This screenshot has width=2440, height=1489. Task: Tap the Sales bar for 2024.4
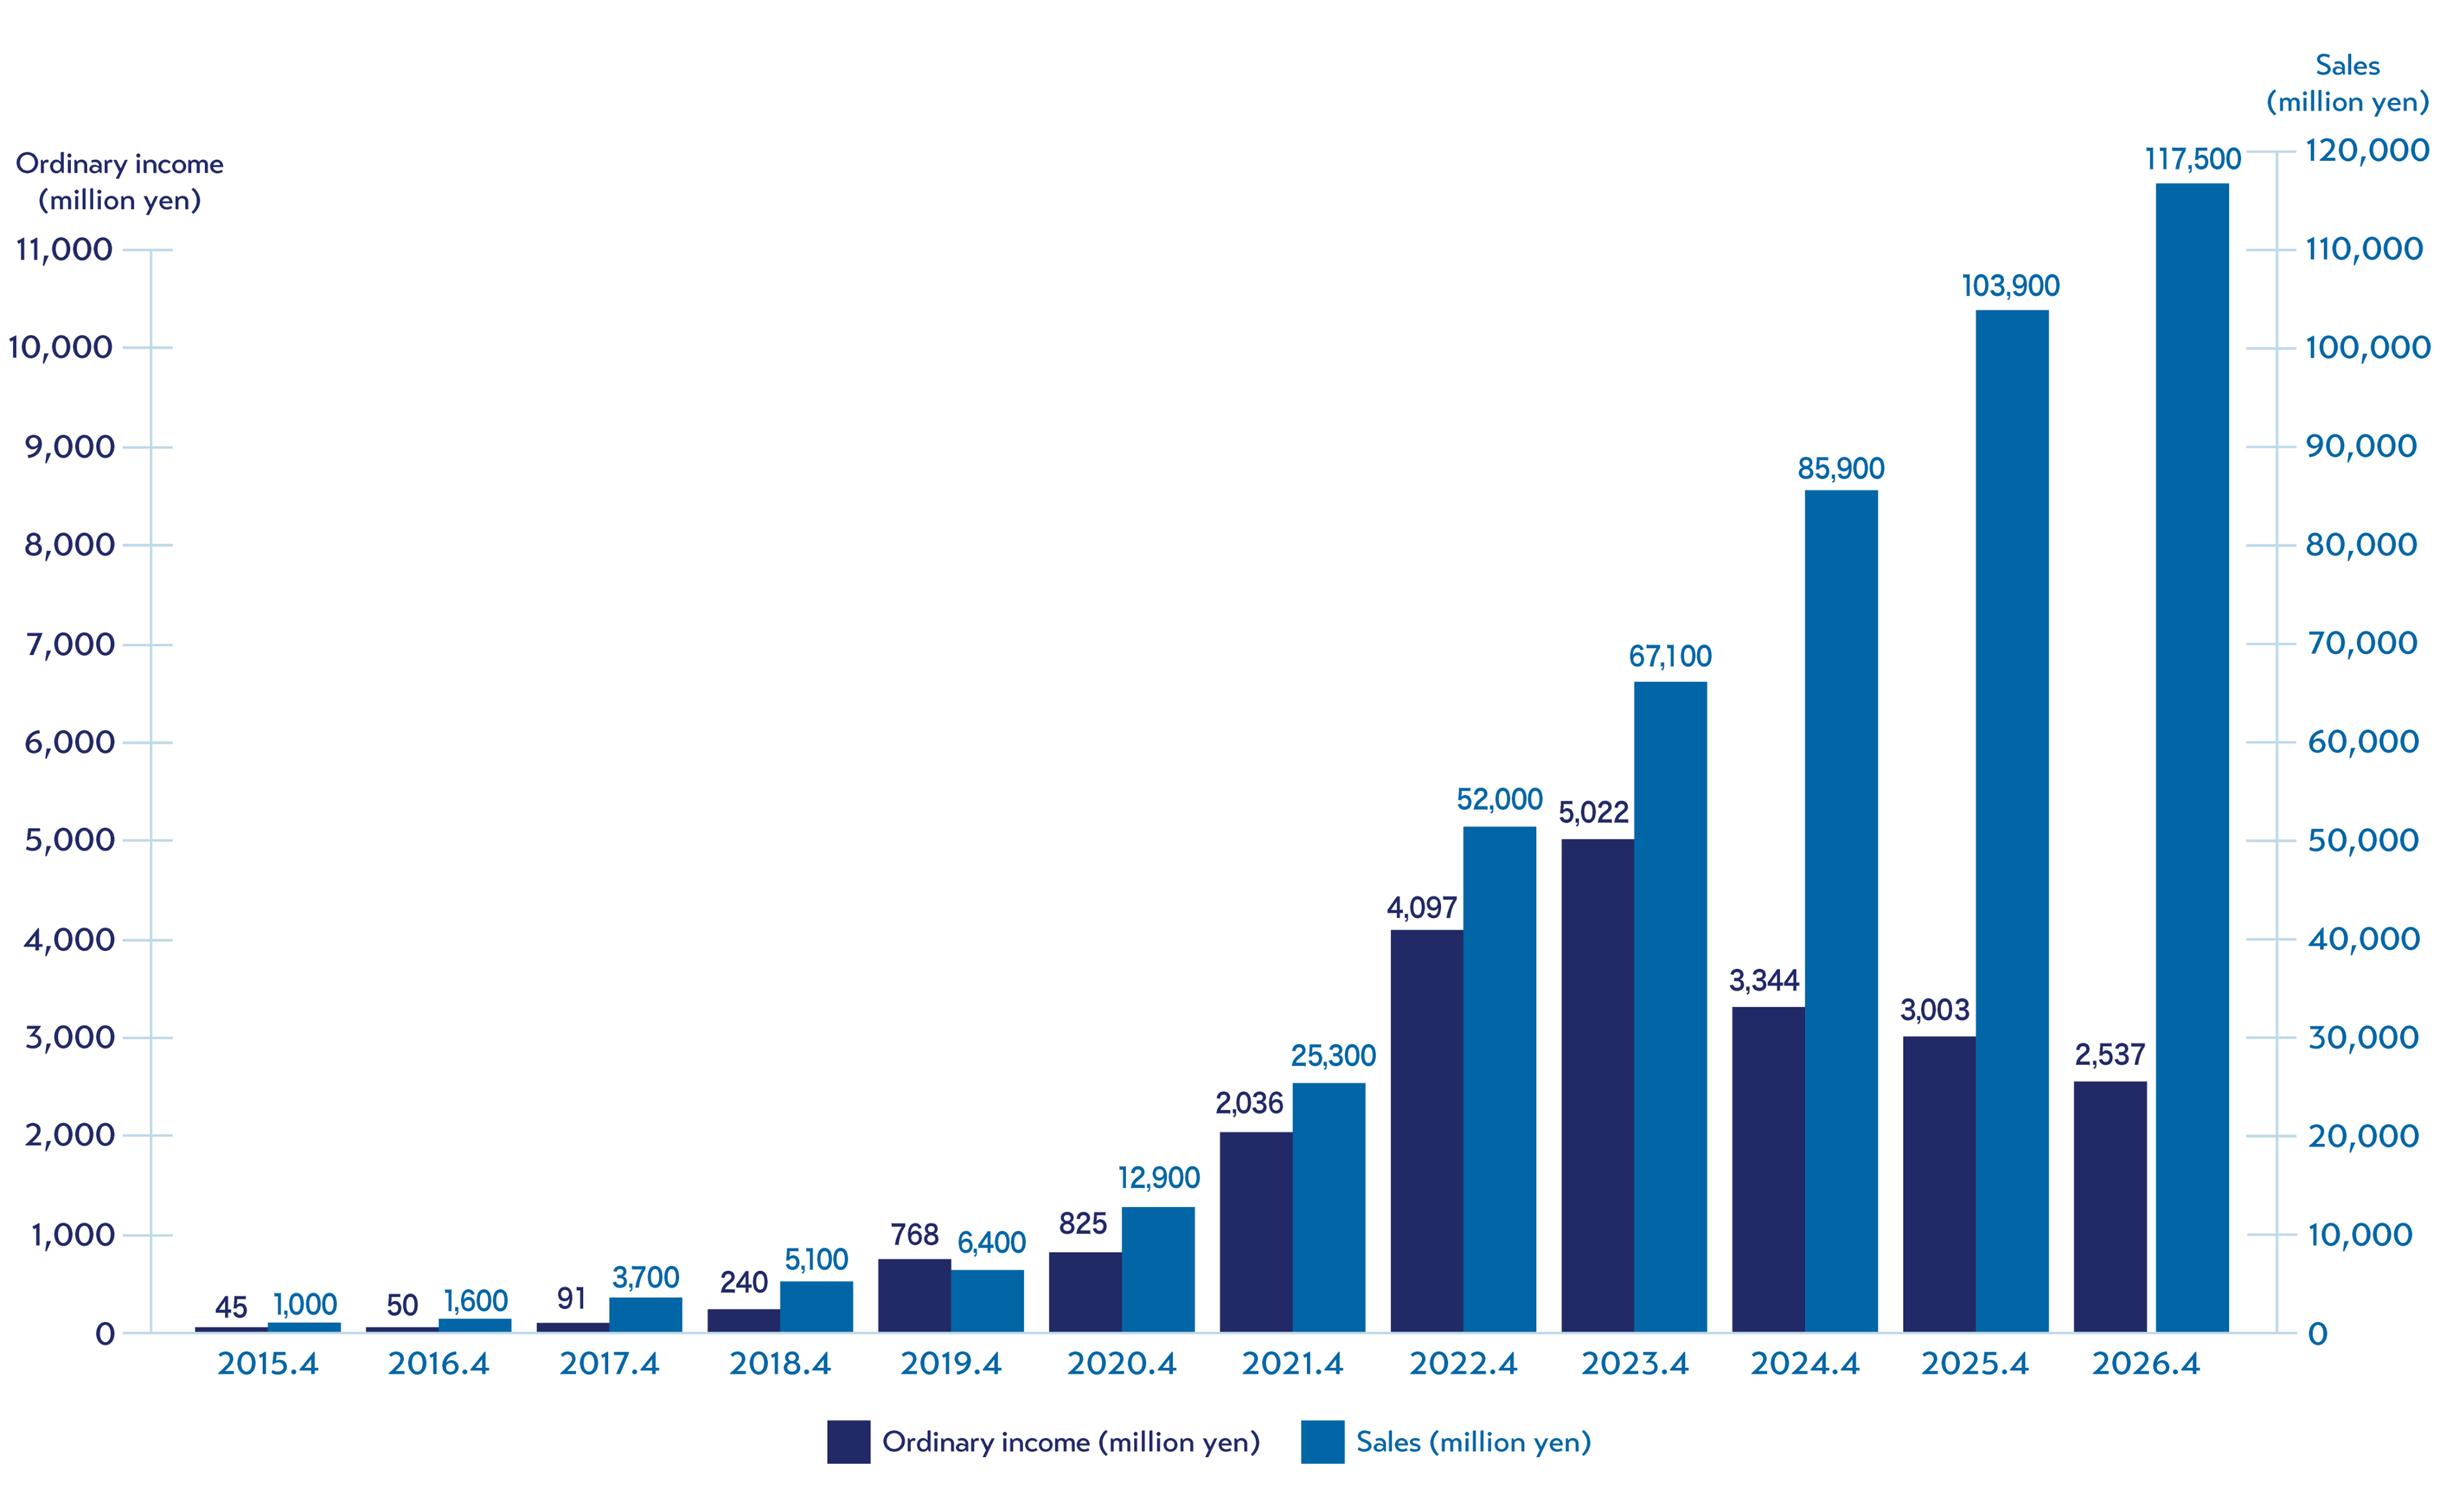point(1841,911)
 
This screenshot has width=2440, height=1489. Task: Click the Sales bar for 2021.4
point(1329,1208)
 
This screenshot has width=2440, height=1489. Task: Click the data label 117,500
point(2192,159)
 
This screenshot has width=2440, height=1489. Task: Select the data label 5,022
point(1593,813)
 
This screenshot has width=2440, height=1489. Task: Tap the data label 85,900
point(1841,468)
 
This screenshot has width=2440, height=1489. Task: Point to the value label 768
point(914,1235)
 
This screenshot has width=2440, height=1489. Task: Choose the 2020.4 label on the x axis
point(1122,1364)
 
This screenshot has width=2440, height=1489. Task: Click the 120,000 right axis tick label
point(2366,151)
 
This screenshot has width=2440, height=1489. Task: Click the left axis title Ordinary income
point(120,164)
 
